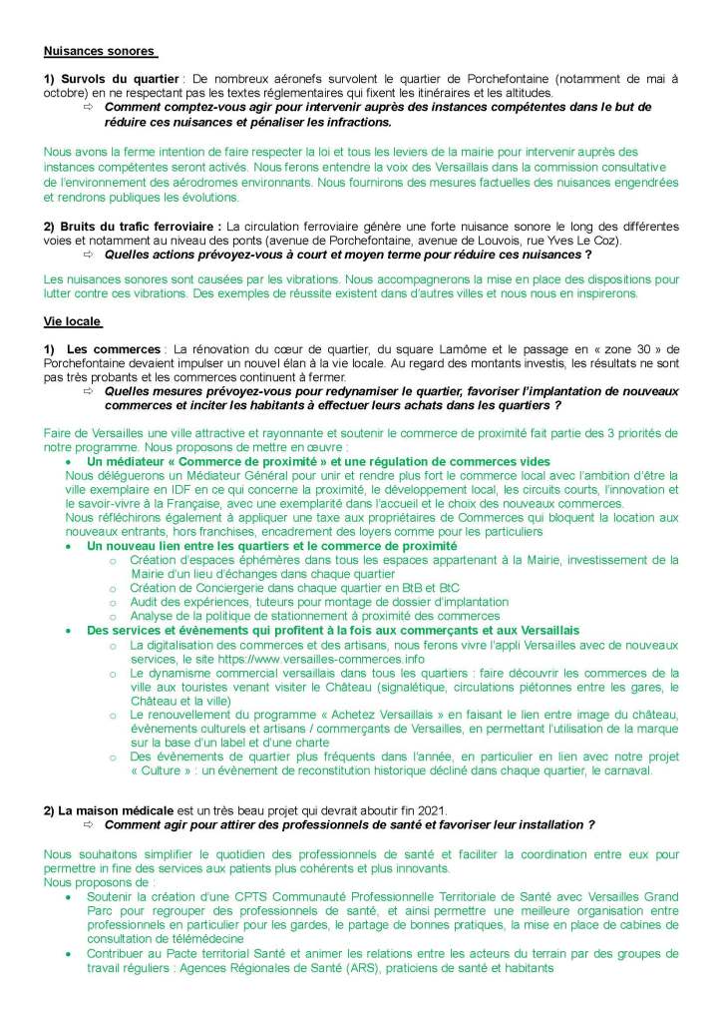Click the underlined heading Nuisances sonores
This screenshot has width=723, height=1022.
[100, 50]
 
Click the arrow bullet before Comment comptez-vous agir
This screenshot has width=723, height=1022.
[88, 107]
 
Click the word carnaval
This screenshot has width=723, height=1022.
[625, 771]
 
